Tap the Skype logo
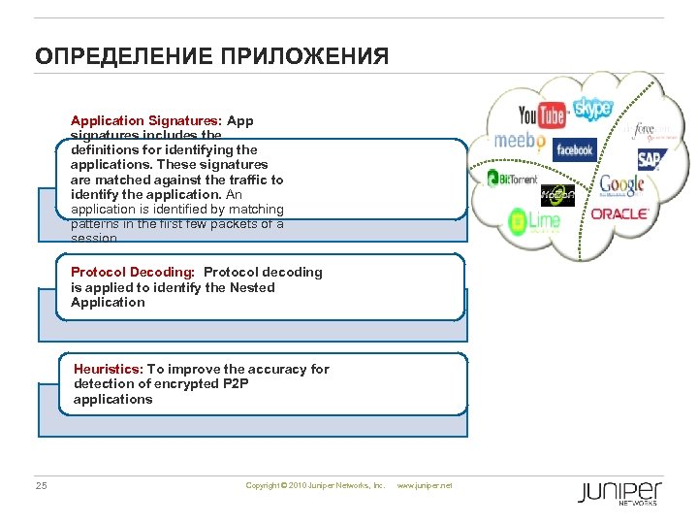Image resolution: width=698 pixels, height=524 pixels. coord(592,109)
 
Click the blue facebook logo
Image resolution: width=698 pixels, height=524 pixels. coord(574,150)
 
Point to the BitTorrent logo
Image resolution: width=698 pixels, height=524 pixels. coord(512,178)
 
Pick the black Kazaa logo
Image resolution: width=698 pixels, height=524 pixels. coord(557,194)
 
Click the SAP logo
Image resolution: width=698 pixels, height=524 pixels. coord(650,159)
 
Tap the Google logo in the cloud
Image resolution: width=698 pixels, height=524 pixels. coord(621,183)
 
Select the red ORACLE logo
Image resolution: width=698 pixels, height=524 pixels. coord(619,213)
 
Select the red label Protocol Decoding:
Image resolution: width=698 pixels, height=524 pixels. coord(133,272)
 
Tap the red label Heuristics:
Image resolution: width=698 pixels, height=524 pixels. coord(109,369)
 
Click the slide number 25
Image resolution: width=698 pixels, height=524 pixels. coord(41,485)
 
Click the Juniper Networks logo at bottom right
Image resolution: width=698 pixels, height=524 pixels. coord(620,492)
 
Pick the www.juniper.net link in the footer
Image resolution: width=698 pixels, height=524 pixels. coord(426,485)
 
